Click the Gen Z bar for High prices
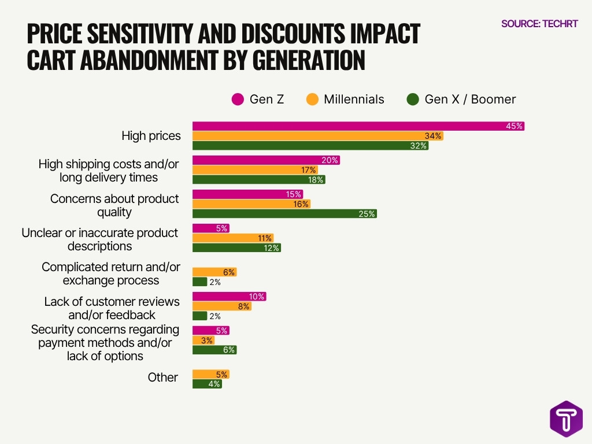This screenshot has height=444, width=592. click(x=358, y=126)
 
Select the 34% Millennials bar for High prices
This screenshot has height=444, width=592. click(x=317, y=136)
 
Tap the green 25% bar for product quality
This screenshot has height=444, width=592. click(x=284, y=213)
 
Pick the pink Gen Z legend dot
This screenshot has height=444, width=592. click(x=238, y=99)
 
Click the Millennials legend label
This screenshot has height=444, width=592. click(x=353, y=99)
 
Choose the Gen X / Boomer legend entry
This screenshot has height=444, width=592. click(x=461, y=99)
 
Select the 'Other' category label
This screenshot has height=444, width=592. click(x=162, y=377)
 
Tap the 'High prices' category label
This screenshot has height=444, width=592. click(x=151, y=136)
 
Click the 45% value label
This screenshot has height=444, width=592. click(x=514, y=126)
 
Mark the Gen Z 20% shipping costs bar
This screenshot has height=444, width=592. click(x=266, y=160)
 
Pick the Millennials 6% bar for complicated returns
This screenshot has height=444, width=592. click(x=214, y=272)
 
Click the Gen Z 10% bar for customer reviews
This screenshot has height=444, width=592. click(x=229, y=297)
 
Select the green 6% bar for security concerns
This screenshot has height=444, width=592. click(x=214, y=350)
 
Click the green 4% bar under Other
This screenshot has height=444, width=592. click(x=207, y=384)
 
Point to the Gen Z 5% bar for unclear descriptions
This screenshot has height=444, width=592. click(x=210, y=228)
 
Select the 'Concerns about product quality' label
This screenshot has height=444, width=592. click(x=114, y=205)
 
